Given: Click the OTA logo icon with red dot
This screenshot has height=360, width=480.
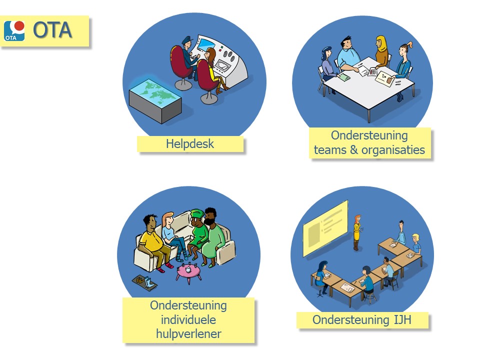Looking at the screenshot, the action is pos(14,31).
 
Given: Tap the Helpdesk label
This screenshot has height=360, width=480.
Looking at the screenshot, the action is pos(190,144).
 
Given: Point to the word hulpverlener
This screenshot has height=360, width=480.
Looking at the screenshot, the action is pos(188,333).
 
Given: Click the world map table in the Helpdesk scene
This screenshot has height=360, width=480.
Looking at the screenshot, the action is pos(155,100).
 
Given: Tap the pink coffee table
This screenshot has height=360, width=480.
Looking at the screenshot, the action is pos(188,272).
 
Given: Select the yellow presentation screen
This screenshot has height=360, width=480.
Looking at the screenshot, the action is pos(325,228).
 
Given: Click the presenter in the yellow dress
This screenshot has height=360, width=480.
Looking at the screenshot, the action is pos(357,232).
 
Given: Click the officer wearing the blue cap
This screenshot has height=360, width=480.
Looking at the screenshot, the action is pos(188,57).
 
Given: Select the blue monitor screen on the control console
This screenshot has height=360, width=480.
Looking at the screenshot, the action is pos(205,44).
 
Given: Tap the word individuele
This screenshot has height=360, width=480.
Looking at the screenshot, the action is pos(188,320).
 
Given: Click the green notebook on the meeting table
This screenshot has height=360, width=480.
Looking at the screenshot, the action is pos(343,77).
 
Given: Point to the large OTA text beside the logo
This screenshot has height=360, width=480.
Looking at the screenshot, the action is pos(52,30).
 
